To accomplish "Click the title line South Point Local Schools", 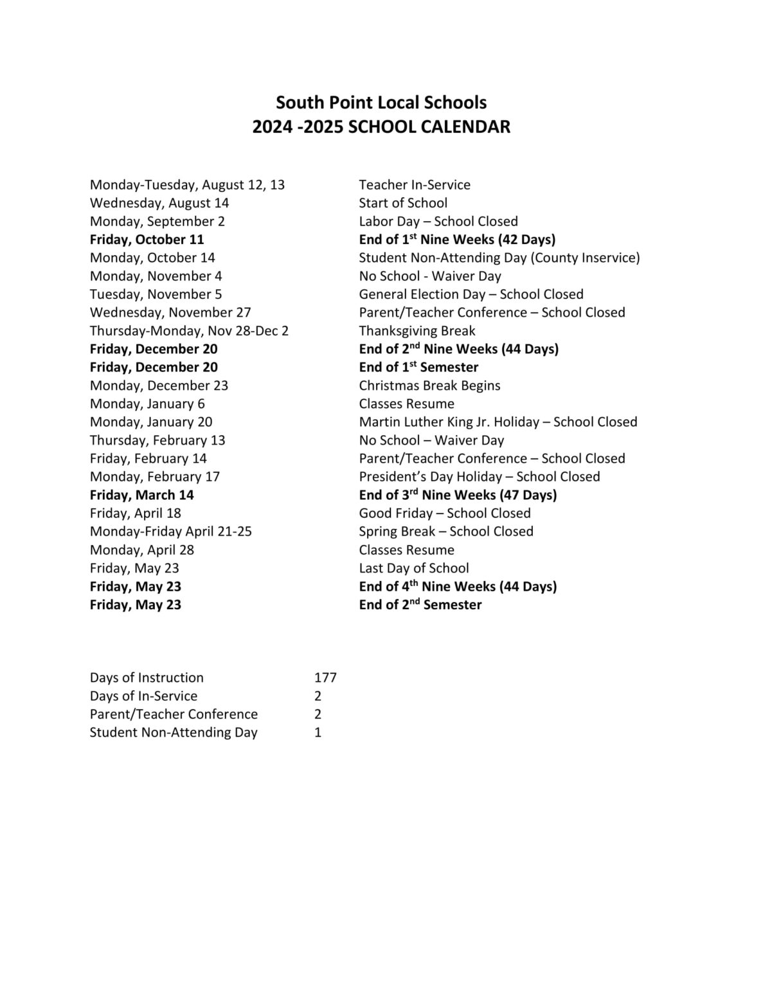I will [x=381, y=102].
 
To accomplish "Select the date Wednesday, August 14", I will [x=159, y=203].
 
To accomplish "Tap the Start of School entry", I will [x=403, y=203].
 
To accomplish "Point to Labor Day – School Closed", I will [x=438, y=221].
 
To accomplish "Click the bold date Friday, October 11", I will [x=147, y=240].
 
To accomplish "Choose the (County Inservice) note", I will [x=585, y=258].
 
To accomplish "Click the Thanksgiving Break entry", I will [x=417, y=331].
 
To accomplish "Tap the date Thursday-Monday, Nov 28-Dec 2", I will [x=189, y=331].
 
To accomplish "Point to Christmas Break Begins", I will [x=429, y=386].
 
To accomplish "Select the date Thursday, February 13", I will [x=157, y=440].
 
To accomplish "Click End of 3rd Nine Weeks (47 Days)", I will [x=458, y=495].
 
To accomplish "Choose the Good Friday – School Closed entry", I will [x=445, y=513].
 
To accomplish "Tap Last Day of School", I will [x=414, y=568].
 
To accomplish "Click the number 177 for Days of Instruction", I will [x=325, y=677].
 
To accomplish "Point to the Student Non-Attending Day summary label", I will [x=174, y=733].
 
